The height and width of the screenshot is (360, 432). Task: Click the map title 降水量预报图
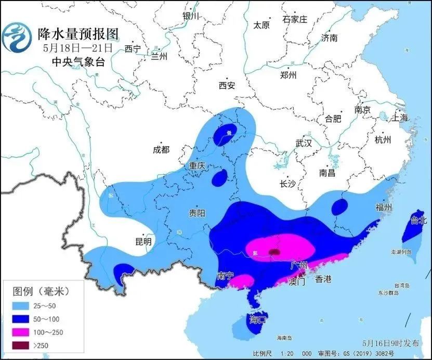[78, 34]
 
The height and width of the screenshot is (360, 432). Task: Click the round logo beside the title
[17, 37]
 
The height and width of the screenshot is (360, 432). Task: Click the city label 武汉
[303, 143]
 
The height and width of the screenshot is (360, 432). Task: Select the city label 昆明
[143, 242]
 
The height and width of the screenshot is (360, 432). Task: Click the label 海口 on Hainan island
[258, 319]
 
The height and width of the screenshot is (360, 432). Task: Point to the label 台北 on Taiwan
[418, 220]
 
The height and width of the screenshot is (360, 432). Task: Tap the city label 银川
[191, 16]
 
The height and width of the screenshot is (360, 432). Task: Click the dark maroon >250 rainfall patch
[274, 252]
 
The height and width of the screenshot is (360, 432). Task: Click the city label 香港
[323, 279]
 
